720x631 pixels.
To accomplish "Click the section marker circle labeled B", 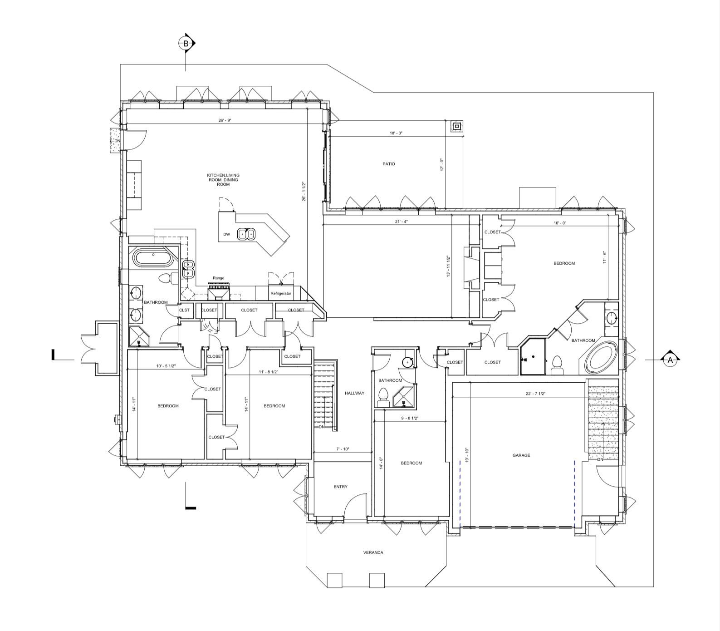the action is pos(185,44).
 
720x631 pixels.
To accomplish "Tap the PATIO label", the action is pos(388,164).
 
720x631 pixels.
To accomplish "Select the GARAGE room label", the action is pos(521,455).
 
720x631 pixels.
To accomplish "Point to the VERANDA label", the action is pos(373,552).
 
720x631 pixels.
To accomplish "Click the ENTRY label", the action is pos(340,487).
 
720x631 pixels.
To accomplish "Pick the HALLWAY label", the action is pos(354,393).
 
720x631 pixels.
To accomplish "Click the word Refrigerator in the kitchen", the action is pos(281,294).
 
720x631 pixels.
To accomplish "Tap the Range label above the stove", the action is pos(219,278).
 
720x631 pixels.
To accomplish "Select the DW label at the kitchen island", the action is pos(227,235).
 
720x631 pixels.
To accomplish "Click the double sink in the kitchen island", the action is pos(246,234).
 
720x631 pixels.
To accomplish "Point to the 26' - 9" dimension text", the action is pos(225,121).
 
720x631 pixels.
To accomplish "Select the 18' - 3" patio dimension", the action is pos(396,133).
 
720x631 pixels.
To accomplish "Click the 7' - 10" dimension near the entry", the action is pos(343,449).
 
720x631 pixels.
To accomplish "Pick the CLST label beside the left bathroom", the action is pos(184,310).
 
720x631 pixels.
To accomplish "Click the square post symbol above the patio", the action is pos(457,126).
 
